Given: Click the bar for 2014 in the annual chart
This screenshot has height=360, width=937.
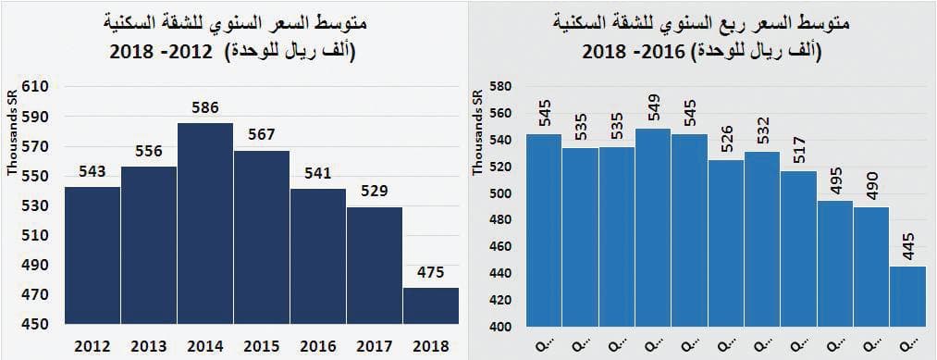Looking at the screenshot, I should (204, 222).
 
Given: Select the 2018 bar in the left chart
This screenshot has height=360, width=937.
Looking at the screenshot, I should (430, 305).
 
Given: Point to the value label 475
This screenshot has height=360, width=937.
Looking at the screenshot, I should (430, 272).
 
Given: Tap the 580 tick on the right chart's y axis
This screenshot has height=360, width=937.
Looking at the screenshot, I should (500, 87).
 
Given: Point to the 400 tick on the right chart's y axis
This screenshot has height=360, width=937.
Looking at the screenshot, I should (500, 327).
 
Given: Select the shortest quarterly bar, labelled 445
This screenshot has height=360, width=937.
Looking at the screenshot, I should (907, 296).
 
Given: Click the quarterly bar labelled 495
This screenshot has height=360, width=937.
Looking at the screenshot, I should (834, 263).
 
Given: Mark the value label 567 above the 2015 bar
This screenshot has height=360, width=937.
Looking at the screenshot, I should (262, 135).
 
